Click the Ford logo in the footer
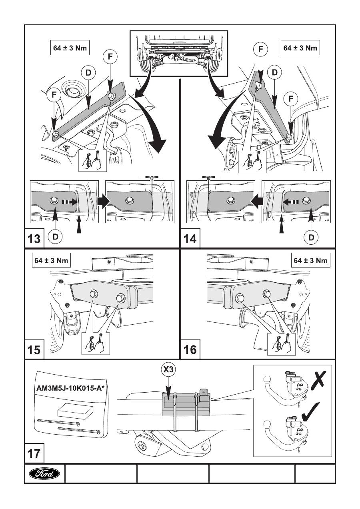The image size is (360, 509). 44,474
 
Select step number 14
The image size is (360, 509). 190,239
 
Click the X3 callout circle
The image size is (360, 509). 169,370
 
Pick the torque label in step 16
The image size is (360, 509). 310,261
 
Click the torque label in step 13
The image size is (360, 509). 70,48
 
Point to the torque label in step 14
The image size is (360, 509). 300,48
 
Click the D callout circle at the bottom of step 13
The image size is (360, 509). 55,237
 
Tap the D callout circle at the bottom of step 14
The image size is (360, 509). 311,237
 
